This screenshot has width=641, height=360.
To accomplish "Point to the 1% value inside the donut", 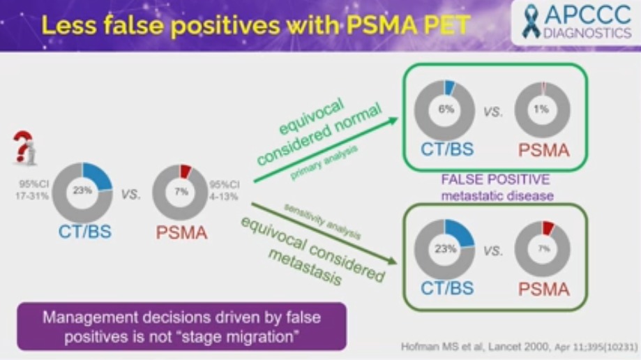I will pos(543,110).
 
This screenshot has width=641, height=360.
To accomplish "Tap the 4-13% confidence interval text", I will pos(224,197).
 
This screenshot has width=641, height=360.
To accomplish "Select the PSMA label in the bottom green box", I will pos(543,287).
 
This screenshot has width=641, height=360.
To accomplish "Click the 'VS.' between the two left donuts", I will pos(131,195).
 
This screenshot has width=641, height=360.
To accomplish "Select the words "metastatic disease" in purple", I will pos(497,195).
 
